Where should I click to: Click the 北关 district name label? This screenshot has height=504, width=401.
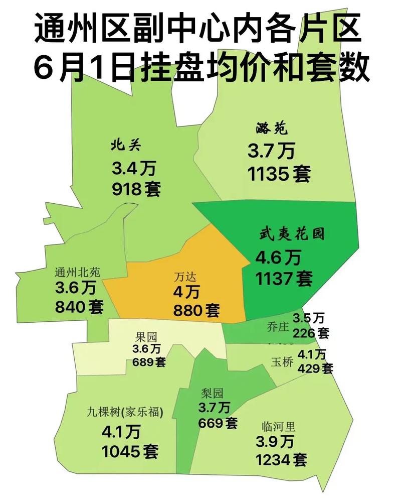pos(127,146)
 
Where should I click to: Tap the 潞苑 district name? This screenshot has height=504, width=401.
pos(271,129)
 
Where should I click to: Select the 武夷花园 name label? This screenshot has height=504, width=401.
pos(292,234)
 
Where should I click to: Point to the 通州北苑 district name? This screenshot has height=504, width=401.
pos(78,273)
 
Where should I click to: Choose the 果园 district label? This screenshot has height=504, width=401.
pos(146,337)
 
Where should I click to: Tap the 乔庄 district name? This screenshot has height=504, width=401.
pos(279,327)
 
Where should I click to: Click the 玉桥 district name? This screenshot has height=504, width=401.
pos(281,361)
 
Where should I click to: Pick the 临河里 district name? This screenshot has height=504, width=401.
pos(279,428)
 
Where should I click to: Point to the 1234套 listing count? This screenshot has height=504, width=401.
pos(281,459)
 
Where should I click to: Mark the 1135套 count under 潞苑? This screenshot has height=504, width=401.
pos(279,174)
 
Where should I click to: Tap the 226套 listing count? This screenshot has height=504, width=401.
pos(311,332)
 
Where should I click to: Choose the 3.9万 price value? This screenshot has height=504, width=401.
pos(274,442)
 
